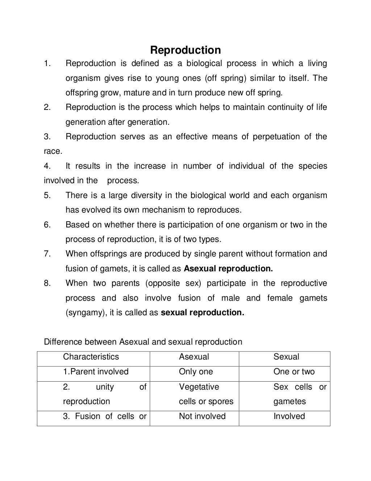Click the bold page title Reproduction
[185, 50]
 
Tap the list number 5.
[47, 196]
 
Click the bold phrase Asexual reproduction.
[228, 269]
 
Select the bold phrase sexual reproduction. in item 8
[202, 313]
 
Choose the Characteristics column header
[91, 357]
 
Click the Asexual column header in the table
[194, 357]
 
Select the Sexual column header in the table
[286, 357]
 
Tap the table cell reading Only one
[196, 372]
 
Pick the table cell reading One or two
[294, 372]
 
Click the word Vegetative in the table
[199, 387]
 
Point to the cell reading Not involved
[202, 416]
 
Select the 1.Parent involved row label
[96, 372]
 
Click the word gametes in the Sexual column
[289, 402]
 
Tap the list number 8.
[47, 283]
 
